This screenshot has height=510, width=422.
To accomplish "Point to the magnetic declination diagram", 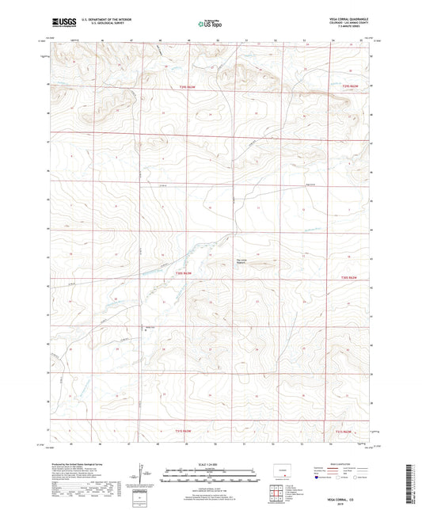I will (x=140, y=474).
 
